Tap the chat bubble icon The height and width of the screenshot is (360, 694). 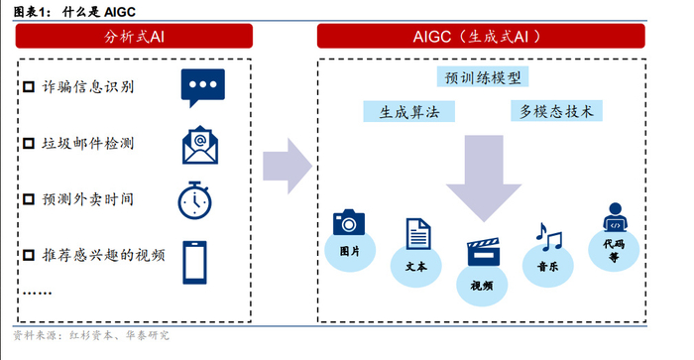[x=202, y=87]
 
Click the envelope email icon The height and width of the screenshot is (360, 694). [x=199, y=145]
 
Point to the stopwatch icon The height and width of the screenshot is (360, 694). [x=195, y=198]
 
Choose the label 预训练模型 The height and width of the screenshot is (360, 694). [x=484, y=77]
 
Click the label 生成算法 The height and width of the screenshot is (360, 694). [x=397, y=111]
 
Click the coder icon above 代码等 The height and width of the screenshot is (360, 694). [x=615, y=217]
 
